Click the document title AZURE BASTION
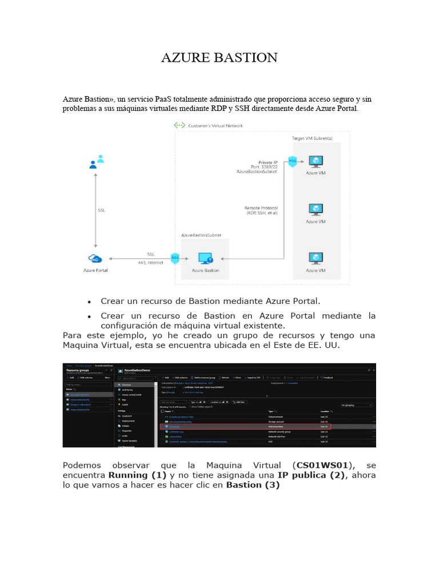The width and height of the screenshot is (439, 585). [219, 58]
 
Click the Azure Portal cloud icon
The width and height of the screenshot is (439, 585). [95, 259]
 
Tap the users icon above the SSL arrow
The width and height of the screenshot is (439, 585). [97, 162]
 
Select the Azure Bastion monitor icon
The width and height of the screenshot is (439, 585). [205, 259]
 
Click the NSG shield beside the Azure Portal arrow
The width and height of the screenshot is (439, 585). [175, 259]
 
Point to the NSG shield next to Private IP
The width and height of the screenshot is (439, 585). [293, 161]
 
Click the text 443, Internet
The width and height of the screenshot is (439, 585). [150, 262]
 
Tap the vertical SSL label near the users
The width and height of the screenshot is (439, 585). [102, 210]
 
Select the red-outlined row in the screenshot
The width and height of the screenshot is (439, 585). [245, 426]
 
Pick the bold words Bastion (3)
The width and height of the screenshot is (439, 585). [253, 485]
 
